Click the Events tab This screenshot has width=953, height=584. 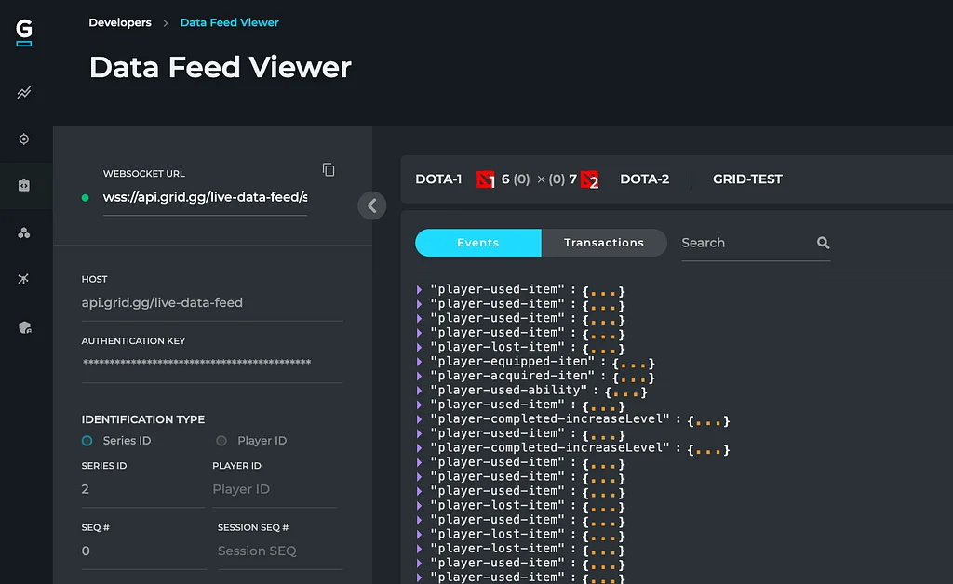tap(477, 243)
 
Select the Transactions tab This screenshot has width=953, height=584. tap(603, 243)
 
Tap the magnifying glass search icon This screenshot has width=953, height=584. tap(823, 243)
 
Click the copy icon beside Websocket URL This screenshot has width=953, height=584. tap(329, 170)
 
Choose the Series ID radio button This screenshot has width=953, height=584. tap(87, 441)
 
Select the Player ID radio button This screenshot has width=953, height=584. tap(221, 441)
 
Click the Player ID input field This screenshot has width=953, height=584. tap(274, 489)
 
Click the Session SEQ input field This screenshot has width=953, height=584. tap(280, 551)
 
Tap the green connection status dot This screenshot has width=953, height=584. tap(85, 197)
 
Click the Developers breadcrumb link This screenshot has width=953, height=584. tap(120, 22)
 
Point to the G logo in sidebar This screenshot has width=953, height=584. tap(23, 33)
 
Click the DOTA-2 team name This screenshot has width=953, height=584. tap(644, 179)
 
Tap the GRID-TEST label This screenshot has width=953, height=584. tap(747, 179)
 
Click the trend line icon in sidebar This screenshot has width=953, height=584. tap(23, 92)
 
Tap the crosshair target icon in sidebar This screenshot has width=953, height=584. tap(23, 139)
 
